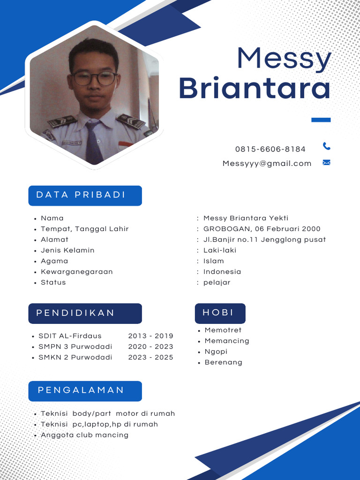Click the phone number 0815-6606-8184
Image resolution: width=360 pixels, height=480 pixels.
(x=270, y=149)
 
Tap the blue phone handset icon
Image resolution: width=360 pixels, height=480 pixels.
(x=327, y=146)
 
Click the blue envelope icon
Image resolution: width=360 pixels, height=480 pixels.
(x=327, y=163)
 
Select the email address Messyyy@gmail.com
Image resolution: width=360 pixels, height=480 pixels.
(x=267, y=163)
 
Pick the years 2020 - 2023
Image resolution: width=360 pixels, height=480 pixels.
(x=150, y=346)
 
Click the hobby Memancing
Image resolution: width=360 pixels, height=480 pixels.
(x=227, y=341)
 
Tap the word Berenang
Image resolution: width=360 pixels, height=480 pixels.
(x=224, y=362)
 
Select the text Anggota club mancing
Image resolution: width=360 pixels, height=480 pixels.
(x=84, y=435)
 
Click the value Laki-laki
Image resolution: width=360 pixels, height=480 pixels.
(x=220, y=250)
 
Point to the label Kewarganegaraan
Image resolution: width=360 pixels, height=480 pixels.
(x=77, y=272)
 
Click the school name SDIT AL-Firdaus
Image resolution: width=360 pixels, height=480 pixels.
(x=70, y=336)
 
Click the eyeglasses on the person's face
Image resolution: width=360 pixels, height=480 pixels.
(x=94, y=78)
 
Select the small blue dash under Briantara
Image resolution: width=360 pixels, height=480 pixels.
(x=321, y=120)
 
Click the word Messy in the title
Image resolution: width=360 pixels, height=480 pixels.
(x=284, y=59)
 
